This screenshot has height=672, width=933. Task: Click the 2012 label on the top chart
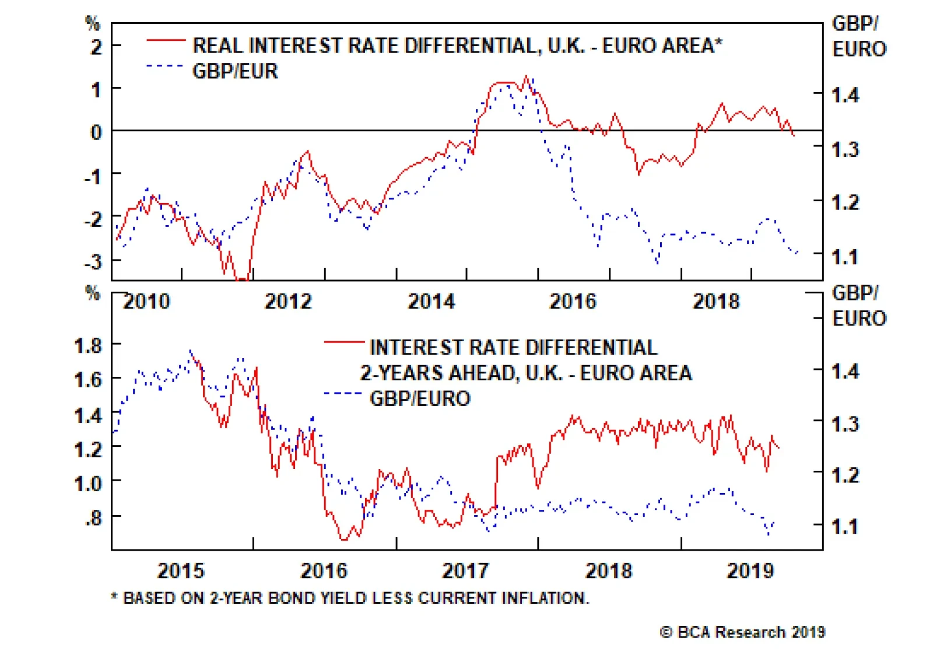tap(289, 302)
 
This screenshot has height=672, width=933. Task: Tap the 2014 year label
tap(432, 302)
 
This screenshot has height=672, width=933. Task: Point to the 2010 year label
tap(147, 302)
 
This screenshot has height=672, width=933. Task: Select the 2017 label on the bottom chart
tap(466, 570)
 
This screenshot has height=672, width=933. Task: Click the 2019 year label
tap(750, 570)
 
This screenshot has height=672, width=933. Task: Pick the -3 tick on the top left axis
tap(93, 262)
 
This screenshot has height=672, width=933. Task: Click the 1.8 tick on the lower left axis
tap(88, 346)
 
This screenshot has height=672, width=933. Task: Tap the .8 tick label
tap(93, 517)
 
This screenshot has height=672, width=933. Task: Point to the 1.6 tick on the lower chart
tap(88, 380)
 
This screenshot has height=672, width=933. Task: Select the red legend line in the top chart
tap(166, 40)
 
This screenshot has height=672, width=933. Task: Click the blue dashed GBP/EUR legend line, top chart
tap(166, 66)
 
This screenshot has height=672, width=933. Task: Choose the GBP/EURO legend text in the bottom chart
tap(420, 398)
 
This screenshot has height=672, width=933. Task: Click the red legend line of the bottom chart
tap(344, 342)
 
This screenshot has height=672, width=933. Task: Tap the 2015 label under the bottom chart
tap(181, 570)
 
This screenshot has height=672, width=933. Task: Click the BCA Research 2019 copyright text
tap(743, 632)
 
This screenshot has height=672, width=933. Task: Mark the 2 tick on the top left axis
tap(96, 47)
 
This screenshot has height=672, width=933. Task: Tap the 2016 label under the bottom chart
tap(324, 570)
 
